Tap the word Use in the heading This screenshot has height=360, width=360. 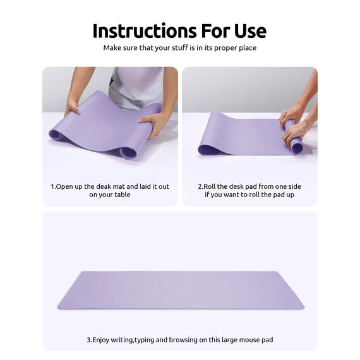click(x=247, y=30)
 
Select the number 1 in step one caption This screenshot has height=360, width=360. click(x=52, y=187)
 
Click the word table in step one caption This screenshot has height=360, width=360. click(x=120, y=195)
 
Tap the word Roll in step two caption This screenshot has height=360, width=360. click(x=210, y=187)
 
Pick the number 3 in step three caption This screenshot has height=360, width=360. click(x=88, y=340)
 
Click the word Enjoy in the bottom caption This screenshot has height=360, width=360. click(x=102, y=340)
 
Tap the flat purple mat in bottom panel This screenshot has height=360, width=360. click(x=180, y=291)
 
